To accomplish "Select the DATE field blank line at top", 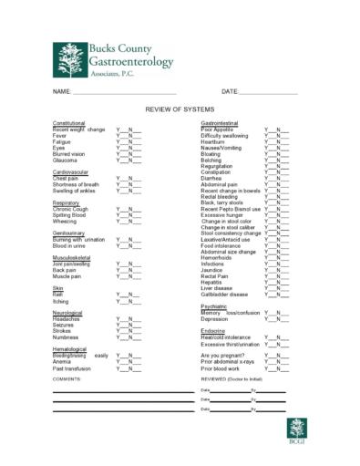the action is click(x=269, y=92).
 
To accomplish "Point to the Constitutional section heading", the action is click(x=69, y=122).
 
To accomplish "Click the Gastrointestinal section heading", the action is click(x=220, y=122).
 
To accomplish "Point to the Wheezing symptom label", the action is click(x=65, y=221).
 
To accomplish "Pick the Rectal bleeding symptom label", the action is click(x=221, y=196).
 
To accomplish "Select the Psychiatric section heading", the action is click(x=213, y=306).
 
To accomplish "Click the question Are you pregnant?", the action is click(x=222, y=355).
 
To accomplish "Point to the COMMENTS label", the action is click(x=67, y=378).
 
